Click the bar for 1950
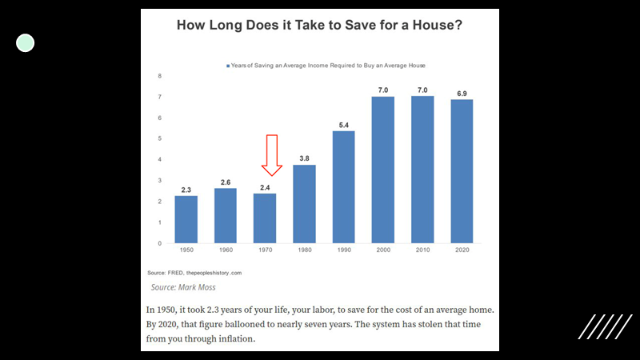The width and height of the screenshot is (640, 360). [x=186, y=219]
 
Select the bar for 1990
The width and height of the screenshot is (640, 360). [x=344, y=187]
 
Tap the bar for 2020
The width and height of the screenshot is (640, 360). [x=462, y=171]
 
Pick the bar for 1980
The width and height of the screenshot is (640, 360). [x=304, y=204]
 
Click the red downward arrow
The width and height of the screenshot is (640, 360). [x=272, y=155]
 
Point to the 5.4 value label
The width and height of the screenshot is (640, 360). [x=344, y=126]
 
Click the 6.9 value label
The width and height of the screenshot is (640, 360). [x=462, y=94]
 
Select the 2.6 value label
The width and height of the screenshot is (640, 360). [x=226, y=182]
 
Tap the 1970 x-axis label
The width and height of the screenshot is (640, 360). [x=266, y=250]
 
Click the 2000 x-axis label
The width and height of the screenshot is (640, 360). [x=383, y=250]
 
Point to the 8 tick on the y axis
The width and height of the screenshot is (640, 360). [x=159, y=76]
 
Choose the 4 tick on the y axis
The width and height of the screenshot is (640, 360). [x=159, y=159]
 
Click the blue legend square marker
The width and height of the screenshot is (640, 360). [x=228, y=66]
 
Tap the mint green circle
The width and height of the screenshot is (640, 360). [x=26, y=43]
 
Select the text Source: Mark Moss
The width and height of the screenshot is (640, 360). [x=183, y=287]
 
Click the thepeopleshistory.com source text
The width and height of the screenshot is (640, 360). [x=214, y=273]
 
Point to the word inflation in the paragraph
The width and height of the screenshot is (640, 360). [x=237, y=338]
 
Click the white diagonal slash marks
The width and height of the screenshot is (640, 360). [x=606, y=326]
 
